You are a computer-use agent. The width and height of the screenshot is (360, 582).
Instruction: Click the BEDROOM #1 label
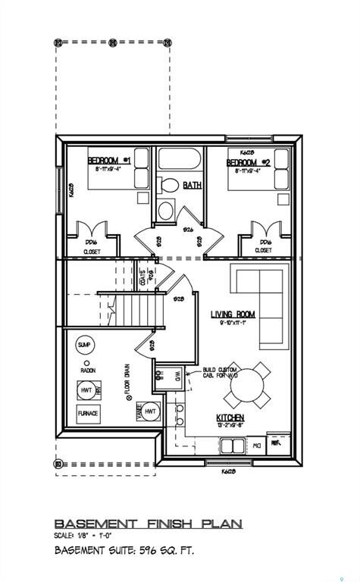click(x=109, y=161)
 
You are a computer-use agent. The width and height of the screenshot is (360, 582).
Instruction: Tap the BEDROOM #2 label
click(x=248, y=163)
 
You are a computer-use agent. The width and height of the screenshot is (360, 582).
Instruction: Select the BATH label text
click(x=192, y=184)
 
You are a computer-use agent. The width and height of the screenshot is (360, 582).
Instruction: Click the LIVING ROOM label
click(x=233, y=314)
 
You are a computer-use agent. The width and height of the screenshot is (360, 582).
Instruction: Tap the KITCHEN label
click(x=230, y=418)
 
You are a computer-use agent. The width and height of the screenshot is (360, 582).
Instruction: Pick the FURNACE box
click(x=88, y=415)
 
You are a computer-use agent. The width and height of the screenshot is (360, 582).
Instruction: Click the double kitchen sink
click(x=180, y=415)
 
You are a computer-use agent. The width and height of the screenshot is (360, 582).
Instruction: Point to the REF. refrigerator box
click(x=277, y=440)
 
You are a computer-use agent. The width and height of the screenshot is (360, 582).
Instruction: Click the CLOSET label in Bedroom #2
click(x=263, y=251)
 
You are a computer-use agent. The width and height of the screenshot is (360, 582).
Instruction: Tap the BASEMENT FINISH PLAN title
click(x=148, y=523)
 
